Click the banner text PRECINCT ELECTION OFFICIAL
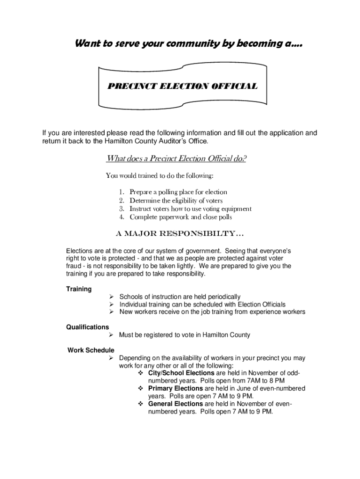(182, 87)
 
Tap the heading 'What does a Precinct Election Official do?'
(176, 159)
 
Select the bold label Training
(79, 289)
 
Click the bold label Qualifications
(87, 327)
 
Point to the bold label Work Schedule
(91, 350)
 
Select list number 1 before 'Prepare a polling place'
(121, 192)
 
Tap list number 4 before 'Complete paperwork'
(121, 218)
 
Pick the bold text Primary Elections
(175, 388)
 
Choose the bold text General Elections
(175, 404)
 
